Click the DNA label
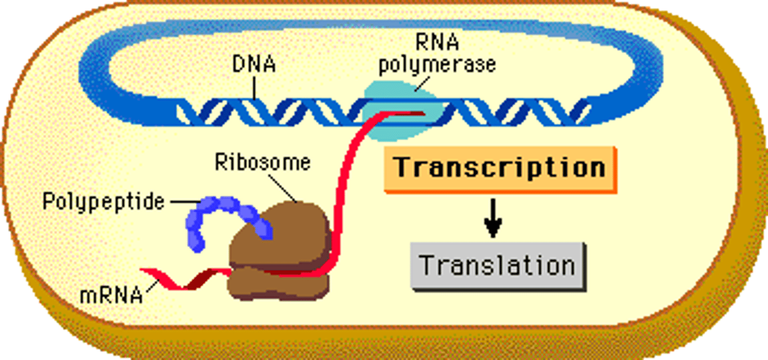pos(254,65)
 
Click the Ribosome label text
pos(262,162)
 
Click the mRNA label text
pos(111,294)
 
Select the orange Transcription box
pos(500,169)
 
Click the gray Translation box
pos(498,266)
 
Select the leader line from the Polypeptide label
pos(181,202)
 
